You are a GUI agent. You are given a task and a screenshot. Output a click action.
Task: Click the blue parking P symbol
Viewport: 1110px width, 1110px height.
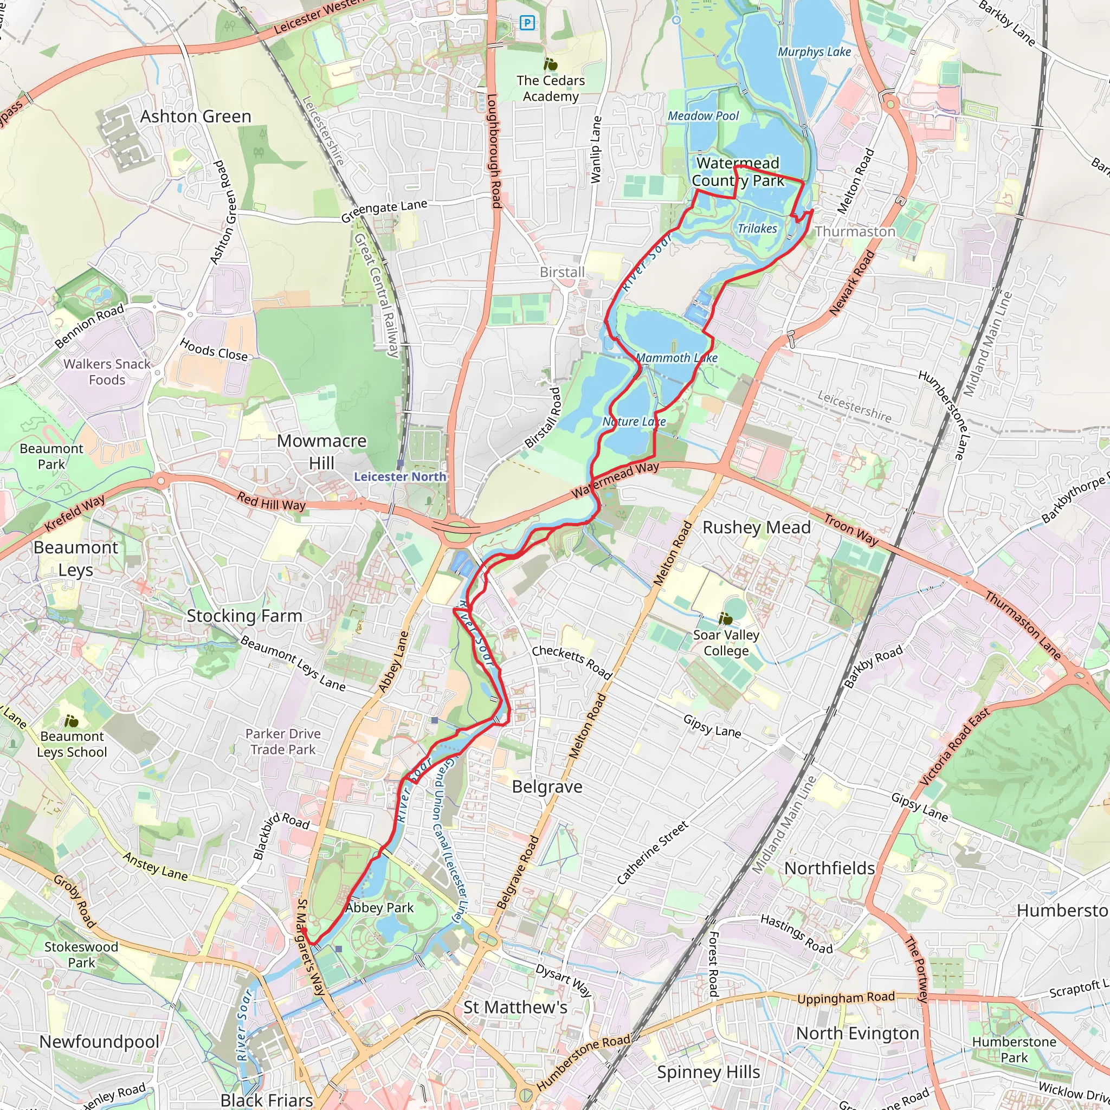(x=527, y=23)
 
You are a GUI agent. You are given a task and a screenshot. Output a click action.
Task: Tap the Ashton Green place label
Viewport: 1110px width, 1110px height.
(x=196, y=117)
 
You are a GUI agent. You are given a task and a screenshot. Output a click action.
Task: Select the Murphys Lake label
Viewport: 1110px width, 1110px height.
(x=814, y=51)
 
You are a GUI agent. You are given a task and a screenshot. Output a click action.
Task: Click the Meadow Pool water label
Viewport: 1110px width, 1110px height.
(x=703, y=116)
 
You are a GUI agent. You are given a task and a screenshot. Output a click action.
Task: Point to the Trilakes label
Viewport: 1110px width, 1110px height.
(x=757, y=229)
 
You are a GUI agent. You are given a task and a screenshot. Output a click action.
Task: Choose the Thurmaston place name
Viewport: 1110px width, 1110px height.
(x=855, y=231)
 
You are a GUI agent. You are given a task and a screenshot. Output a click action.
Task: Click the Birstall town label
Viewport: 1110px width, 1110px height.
(x=562, y=272)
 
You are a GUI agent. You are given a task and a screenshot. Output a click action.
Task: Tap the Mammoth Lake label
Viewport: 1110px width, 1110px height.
(x=676, y=358)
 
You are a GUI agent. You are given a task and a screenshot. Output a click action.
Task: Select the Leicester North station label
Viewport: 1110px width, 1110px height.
(x=400, y=476)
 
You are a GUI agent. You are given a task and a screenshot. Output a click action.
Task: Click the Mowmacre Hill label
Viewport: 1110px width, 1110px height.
(x=322, y=451)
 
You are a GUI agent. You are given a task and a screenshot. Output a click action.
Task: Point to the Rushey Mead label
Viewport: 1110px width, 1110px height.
(x=757, y=527)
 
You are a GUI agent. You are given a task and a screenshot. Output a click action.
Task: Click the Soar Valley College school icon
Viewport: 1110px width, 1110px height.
(x=726, y=619)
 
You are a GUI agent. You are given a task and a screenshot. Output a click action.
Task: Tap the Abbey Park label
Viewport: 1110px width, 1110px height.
(x=380, y=908)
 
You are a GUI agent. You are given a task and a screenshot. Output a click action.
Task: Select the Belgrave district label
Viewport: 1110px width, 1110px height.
(x=547, y=786)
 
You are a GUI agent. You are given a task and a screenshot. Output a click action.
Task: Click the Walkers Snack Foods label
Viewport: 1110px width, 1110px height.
(x=107, y=372)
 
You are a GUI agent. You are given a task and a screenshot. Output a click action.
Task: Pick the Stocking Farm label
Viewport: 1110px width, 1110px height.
(x=244, y=616)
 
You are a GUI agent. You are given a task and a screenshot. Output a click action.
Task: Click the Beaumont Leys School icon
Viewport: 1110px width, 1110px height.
(x=71, y=721)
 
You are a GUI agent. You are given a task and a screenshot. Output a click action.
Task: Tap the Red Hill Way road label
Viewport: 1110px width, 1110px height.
(x=271, y=501)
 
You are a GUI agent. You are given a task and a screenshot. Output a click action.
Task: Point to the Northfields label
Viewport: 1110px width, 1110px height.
(x=829, y=868)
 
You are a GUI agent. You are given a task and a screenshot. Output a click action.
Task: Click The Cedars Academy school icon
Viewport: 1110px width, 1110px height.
(x=551, y=64)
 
